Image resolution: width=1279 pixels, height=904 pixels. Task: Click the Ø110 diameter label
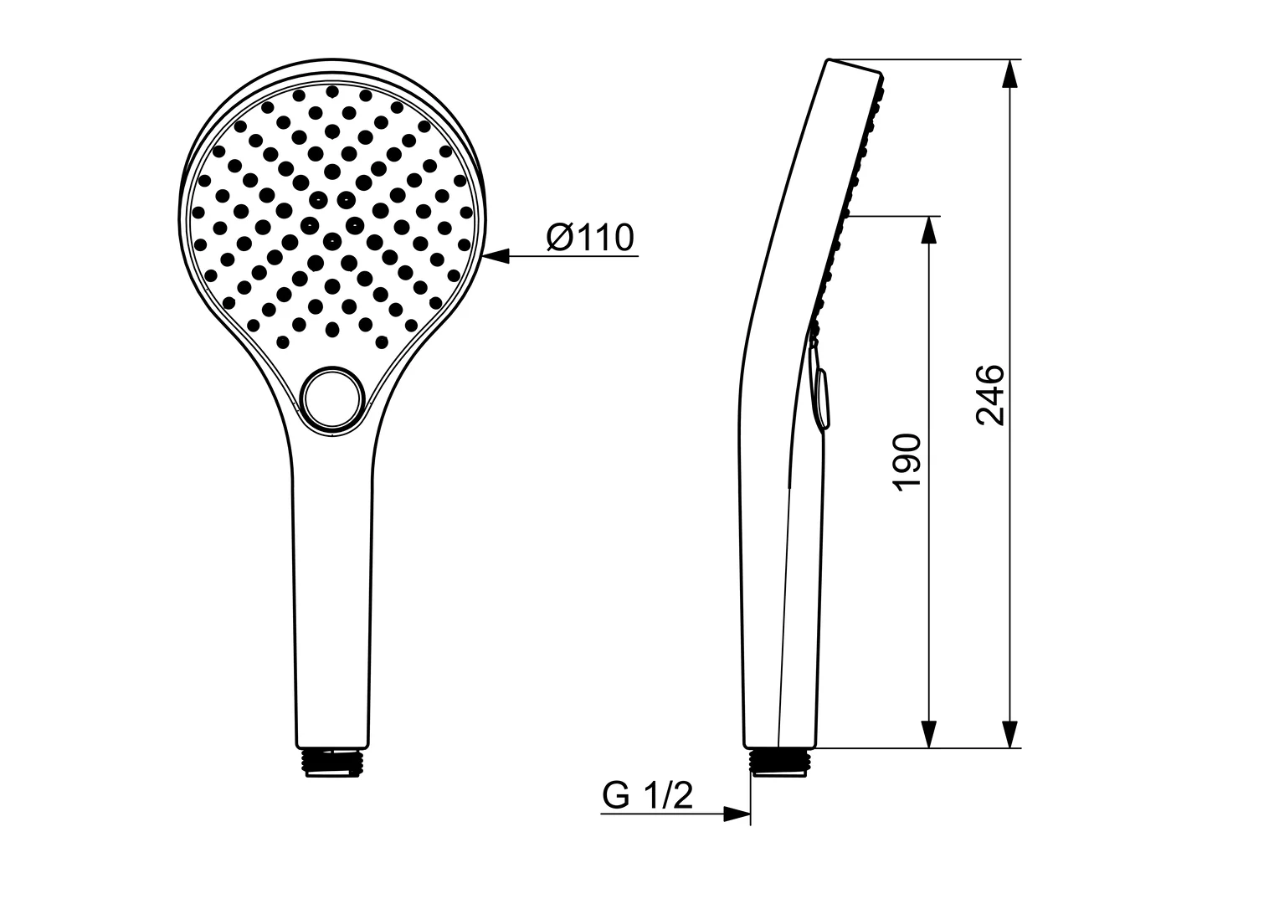pyautogui.click(x=590, y=239)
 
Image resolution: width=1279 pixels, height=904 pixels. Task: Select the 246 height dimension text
pyautogui.click(x=990, y=395)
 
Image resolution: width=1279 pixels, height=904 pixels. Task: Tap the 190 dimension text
pyautogui.click(x=907, y=463)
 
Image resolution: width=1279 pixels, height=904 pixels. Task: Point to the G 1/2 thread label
pyautogui.click(x=648, y=795)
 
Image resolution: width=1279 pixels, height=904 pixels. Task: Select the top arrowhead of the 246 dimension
pyautogui.click(x=1010, y=74)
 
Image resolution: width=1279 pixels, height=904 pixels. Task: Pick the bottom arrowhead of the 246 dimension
pyautogui.click(x=1010, y=733)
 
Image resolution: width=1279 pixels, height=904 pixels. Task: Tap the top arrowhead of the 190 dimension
pyautogui.click(x=927, y=230)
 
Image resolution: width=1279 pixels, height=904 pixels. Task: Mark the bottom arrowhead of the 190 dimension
pyautogui.click(x=927, y=733)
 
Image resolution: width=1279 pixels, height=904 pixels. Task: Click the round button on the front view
pyautogui.click(x=333, y=400)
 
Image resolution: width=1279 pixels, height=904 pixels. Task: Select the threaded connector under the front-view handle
pyautogui.click(x=333, y=761)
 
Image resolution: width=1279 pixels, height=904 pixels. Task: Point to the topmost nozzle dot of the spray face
pyautogui.click(x=332, y=91)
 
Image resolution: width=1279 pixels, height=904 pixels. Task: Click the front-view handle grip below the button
pyautogui.click(x=333, y=586)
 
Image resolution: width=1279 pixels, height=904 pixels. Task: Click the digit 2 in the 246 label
pyautogui.click(x=990, y=415)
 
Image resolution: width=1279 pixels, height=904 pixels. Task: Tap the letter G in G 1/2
pyautogui.click(x=615, y=796)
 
